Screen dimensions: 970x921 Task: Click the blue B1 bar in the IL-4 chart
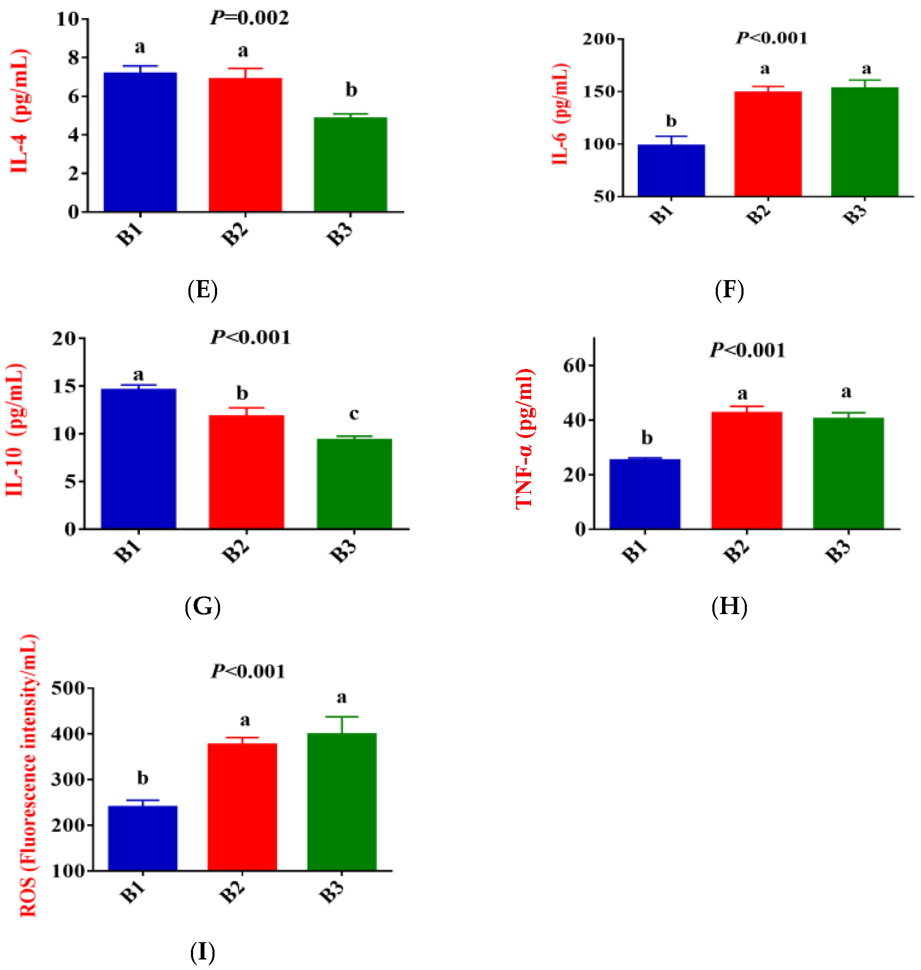point(140,142)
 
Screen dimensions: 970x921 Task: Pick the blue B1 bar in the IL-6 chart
point(671,170)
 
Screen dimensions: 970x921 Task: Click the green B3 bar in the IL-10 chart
point(354,483)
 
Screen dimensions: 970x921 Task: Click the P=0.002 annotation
point(250,18)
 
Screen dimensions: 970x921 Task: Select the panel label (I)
point(202,952)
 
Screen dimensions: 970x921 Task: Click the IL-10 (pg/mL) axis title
point(15,430)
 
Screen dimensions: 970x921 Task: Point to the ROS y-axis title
point(29,775)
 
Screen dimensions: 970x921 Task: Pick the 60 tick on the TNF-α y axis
point(575,366)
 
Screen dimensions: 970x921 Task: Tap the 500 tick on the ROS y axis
point(68,688)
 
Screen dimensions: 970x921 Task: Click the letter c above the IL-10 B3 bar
point(354,414)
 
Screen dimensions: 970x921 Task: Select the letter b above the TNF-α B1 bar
point(647,438)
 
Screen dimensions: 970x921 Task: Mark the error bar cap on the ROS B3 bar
point(342,717)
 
